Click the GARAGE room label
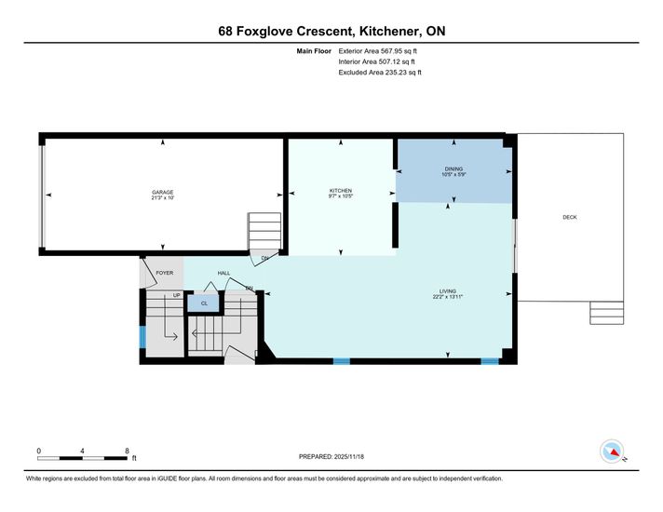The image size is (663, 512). (163, 193)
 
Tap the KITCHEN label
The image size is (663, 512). (341, 191)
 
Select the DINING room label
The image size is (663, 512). (453, 169)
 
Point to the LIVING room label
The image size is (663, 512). (448, 291)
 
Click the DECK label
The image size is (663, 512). (570, 217)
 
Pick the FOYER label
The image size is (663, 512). (165, 273)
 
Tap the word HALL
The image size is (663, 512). (223, 273)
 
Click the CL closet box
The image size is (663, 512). (204, 303)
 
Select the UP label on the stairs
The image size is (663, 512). (176, 295)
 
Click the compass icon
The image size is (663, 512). (612, 451)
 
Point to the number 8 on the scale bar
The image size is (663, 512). (127, 451)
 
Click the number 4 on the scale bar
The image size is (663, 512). (82, 451)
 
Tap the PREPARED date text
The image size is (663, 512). (331, 457)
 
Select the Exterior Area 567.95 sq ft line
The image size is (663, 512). (377, 51)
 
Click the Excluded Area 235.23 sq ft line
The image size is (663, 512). (380, 73)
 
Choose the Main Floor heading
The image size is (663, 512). (314, 51)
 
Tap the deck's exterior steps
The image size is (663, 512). (607, 313)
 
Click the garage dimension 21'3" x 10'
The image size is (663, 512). (163, 198)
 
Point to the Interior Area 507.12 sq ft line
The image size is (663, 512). (377, 61)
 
